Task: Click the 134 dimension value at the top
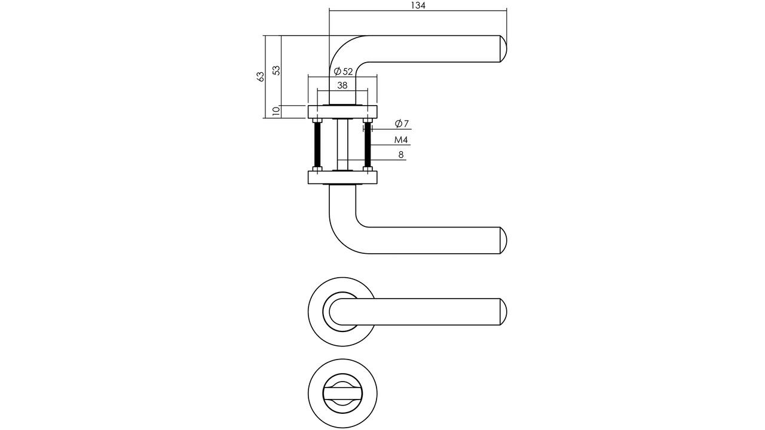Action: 418,5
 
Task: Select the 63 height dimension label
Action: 260,76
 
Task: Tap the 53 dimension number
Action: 276,70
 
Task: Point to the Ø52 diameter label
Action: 343,71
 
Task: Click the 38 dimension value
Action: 342,85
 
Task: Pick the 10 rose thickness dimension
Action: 276,111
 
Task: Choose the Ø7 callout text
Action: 402,124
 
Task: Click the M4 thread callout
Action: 401,140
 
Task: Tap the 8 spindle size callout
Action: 401,155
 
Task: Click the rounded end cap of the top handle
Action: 503,49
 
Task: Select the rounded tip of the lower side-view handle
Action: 503,240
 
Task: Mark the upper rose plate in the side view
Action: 342,112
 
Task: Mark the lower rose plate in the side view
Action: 342,177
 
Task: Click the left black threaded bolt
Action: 317,145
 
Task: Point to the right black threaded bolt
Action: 368,145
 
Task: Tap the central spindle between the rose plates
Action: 342,145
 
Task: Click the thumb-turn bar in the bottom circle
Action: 342,394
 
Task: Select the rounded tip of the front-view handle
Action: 503,312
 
